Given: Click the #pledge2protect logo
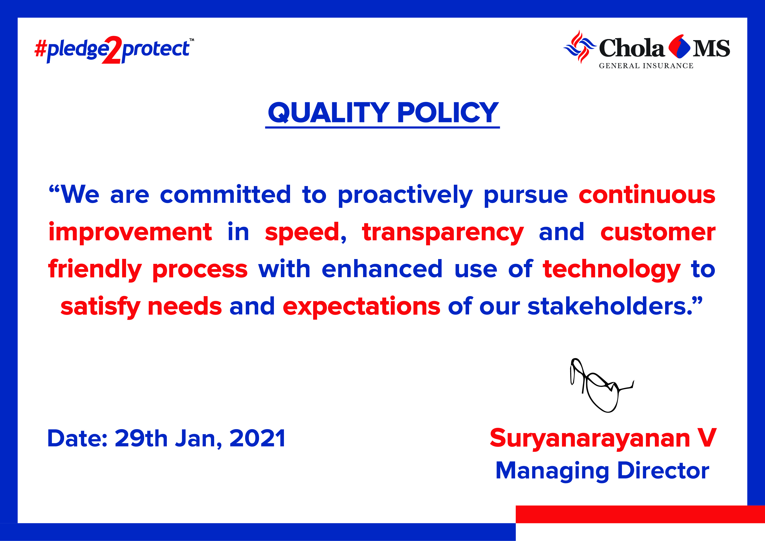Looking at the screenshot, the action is [x=114, y=50].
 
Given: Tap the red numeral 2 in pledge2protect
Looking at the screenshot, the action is [x=112, y=50].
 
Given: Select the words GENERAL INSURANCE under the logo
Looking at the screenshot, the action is [x=646, y=66].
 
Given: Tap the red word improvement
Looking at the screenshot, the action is [x=130, y=232].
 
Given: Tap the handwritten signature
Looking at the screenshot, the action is [x=601, y=386].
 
